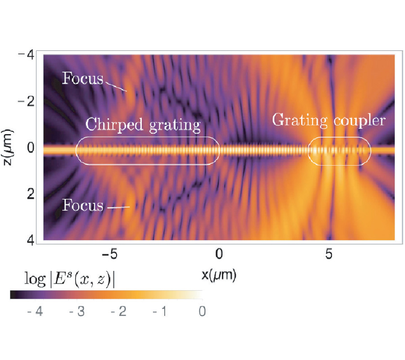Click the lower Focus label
coord(83,206)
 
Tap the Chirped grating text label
coord(143,125)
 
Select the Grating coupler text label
coord(329,120)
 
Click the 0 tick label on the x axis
coord(219,254)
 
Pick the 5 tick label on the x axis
coord(329,254)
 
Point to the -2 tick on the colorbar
coord(118,311)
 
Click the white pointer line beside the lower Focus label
coord(118,207)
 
